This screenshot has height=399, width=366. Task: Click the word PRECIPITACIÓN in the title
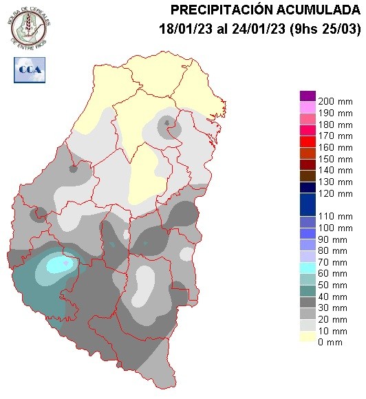click(x=215, y=10)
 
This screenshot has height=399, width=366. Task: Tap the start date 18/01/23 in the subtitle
click(x=180, y=29)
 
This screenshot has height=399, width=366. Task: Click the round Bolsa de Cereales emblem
click(x=30, y=25)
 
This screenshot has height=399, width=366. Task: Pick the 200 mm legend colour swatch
click(x=308, y=96)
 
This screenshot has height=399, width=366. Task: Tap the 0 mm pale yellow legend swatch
click(x=308, y=337)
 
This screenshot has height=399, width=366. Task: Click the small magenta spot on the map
click(x=66, y=263)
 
